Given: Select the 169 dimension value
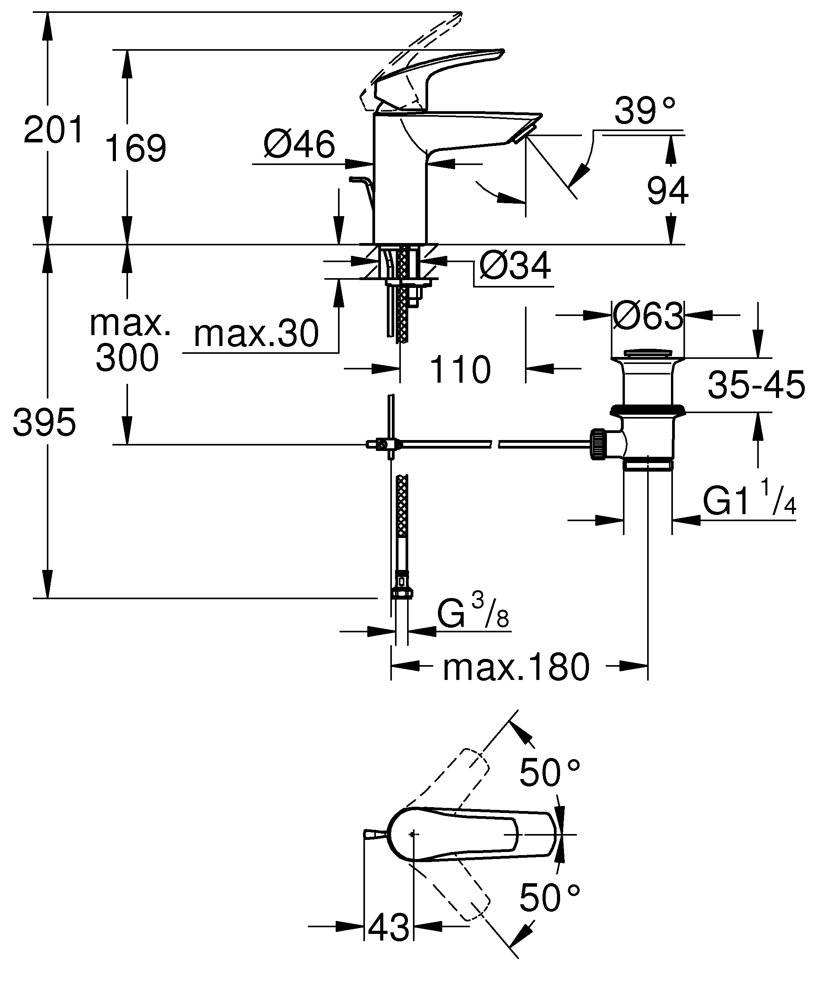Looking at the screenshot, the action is coord(135,149).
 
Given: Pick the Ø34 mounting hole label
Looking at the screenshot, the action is coord(515,266).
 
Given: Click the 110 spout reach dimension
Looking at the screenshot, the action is coord(460,369).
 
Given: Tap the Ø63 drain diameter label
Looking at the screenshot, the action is coord(648,316).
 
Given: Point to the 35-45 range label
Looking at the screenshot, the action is coord(756,385).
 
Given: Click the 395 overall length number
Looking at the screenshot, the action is coord(44,422).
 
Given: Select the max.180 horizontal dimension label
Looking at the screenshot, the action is coord(516,667).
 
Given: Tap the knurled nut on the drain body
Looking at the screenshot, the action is coord(599,445).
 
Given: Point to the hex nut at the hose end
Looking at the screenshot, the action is coord(402,593).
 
